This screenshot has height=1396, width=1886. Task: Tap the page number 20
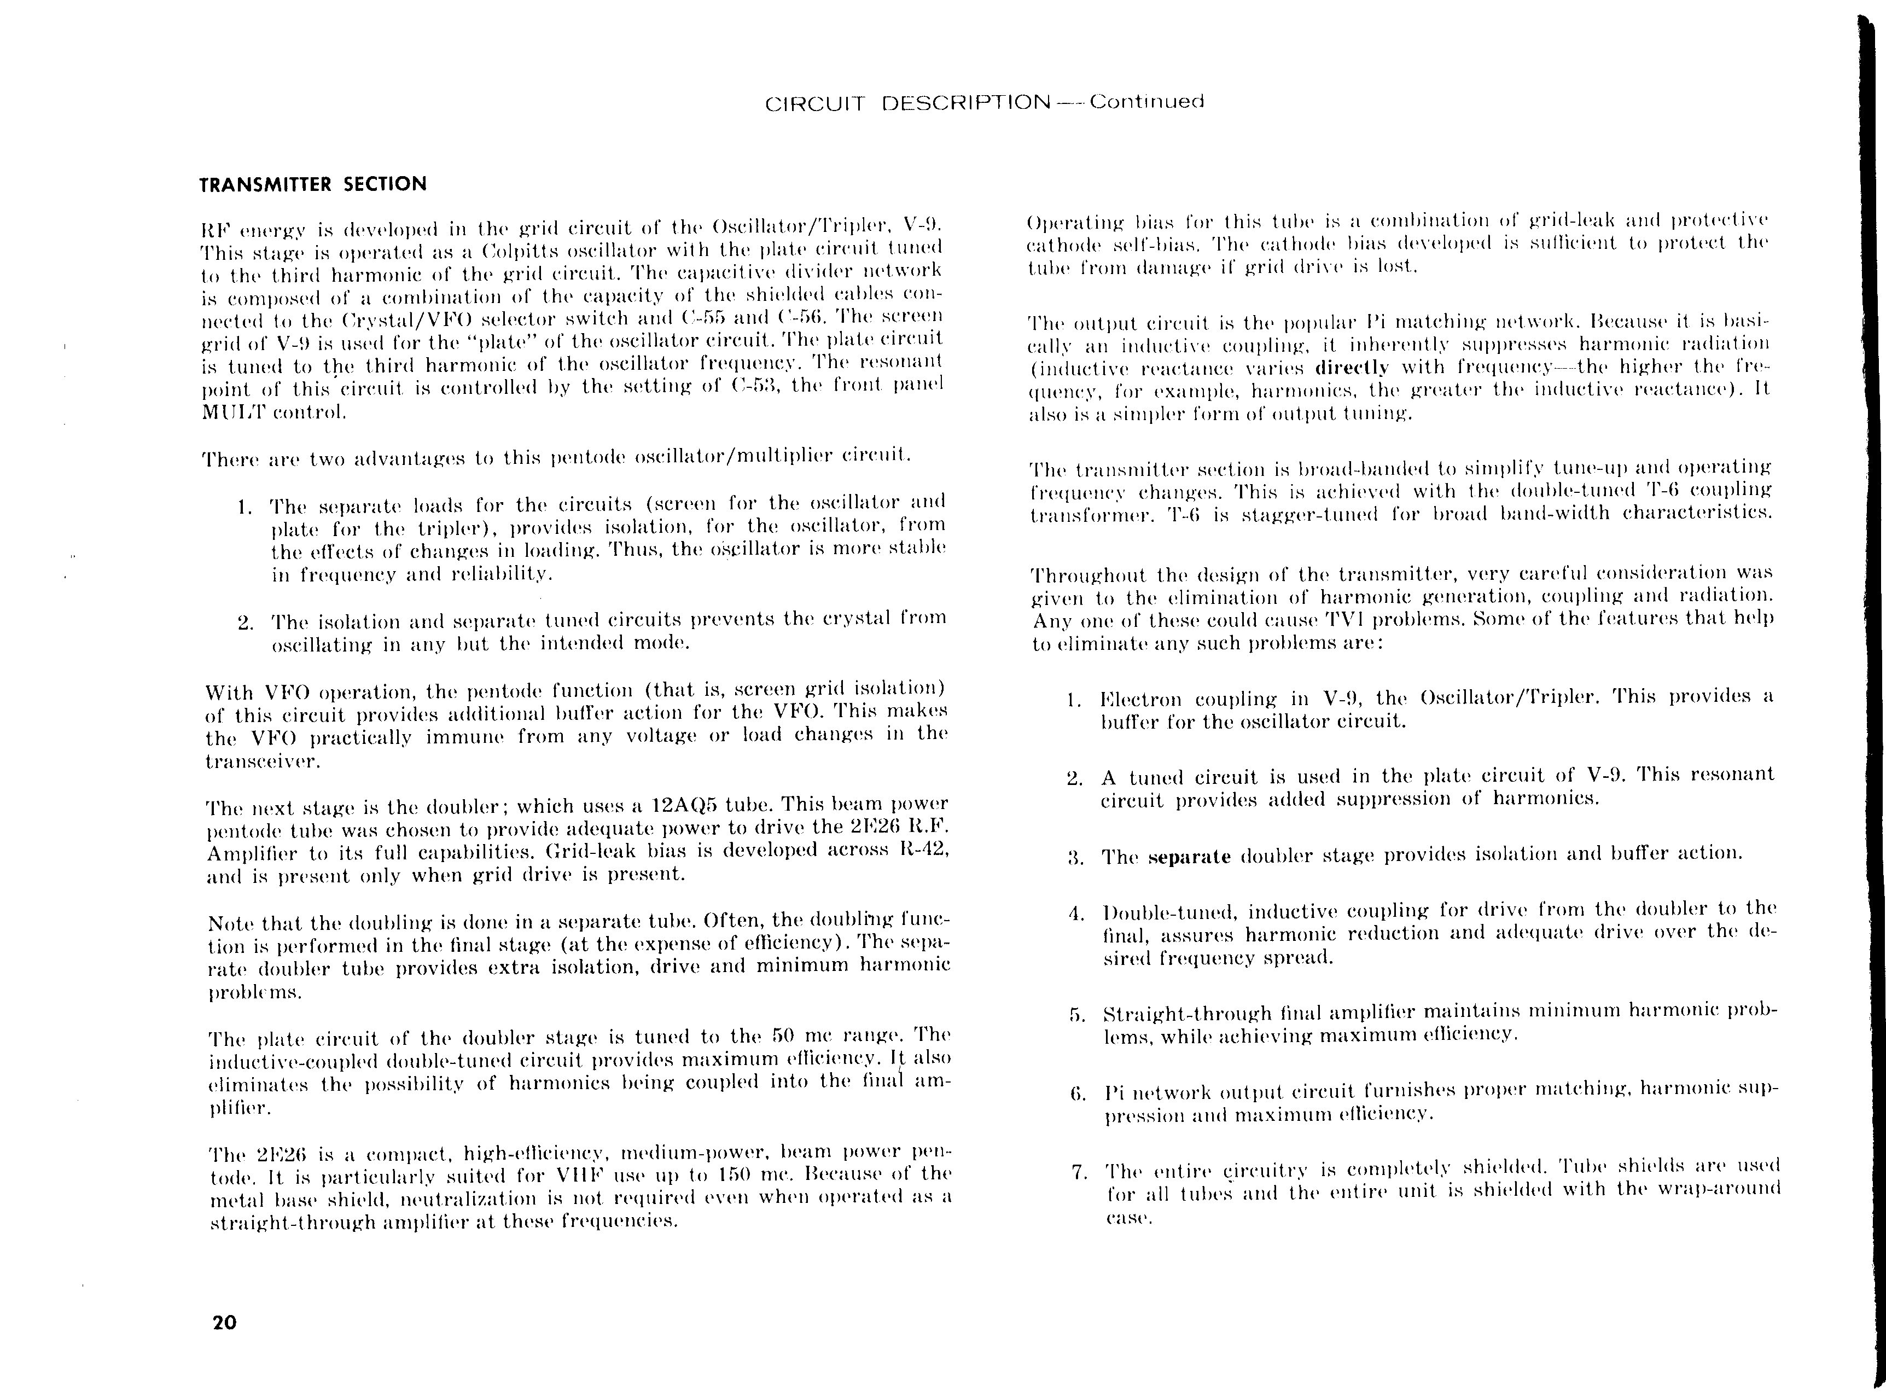pyautogui.click(x=225, y=1323)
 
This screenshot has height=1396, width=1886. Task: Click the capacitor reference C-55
pyautogui.click(x=696, y=318)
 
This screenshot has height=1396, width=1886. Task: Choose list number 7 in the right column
pyautogui.click(x=1078, y=1173)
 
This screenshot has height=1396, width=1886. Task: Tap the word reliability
pyautogui.click(x=503, y=574)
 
